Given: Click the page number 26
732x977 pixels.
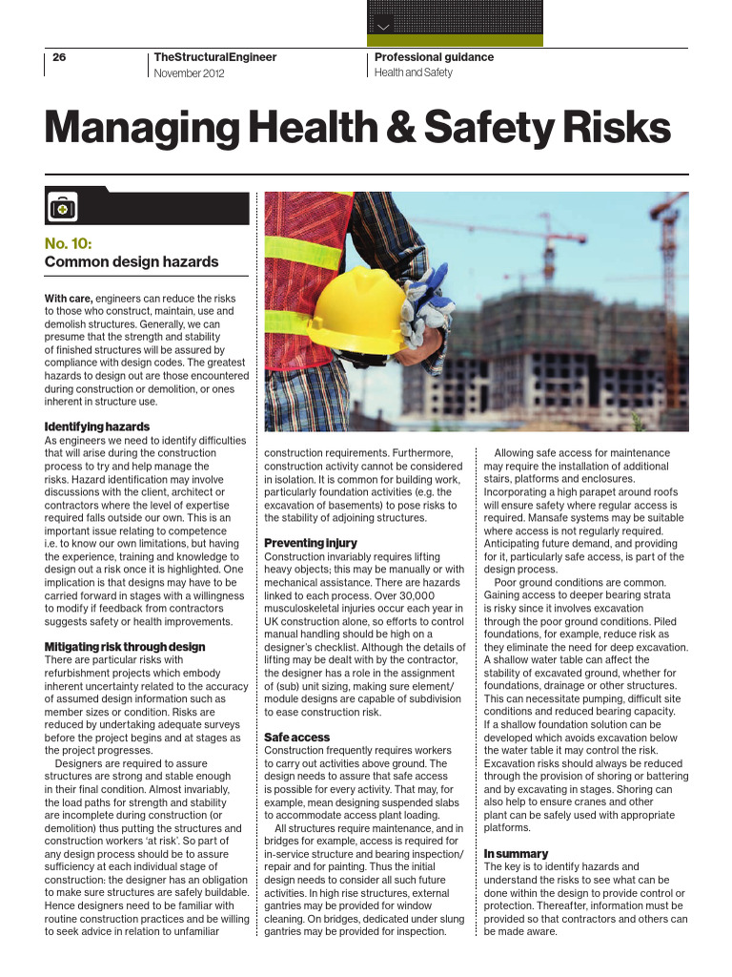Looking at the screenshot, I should [59, 57].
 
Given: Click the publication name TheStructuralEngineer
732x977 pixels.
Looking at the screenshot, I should [214, 57].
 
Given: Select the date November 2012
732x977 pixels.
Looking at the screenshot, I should [189, 73].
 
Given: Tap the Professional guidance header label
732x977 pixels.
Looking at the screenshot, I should [434, 57].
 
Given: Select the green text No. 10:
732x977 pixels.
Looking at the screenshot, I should [69, 242].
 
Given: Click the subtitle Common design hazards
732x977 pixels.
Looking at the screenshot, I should [132, 262].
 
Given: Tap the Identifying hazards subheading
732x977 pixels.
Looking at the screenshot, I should [97, 426].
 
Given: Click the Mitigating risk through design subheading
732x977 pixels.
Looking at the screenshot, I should [125, 647].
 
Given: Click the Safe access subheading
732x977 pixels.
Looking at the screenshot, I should [297, 738].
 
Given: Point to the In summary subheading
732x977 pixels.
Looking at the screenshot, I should [516, 853].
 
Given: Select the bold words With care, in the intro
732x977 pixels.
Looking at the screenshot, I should [69, 299].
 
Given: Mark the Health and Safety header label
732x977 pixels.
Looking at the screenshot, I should [414, 73].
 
